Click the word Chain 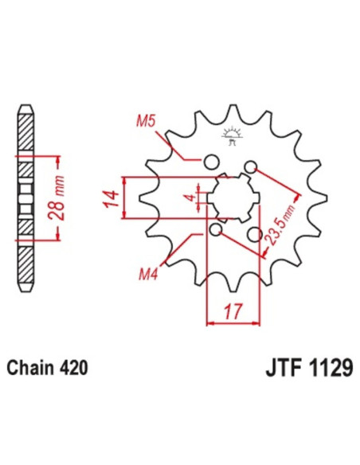pos(31,369)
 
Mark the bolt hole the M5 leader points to pos(211,162)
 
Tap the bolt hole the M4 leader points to pos(216,230)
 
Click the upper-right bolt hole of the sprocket pos(252,167)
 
